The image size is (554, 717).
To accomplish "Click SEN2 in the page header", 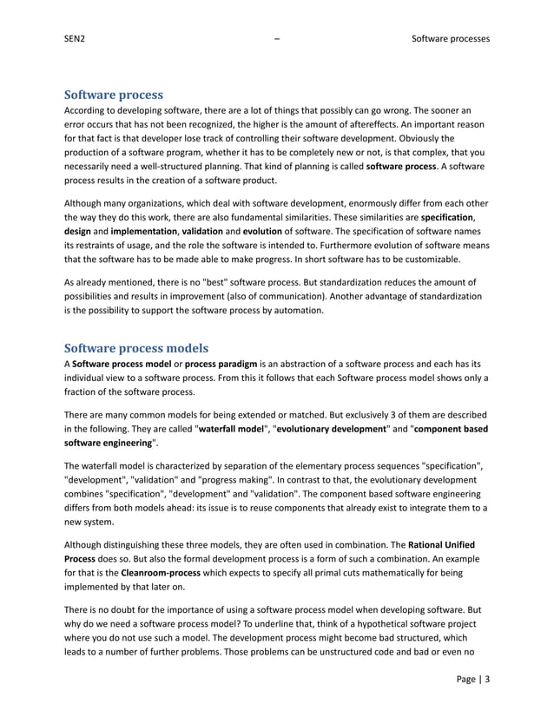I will coord(76,39).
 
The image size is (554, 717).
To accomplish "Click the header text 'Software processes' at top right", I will coord(450,39).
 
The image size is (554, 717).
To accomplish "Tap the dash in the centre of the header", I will coord(276,39).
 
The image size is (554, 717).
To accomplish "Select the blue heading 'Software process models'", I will coord(136,349).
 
